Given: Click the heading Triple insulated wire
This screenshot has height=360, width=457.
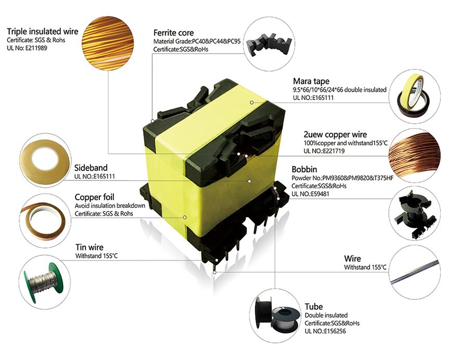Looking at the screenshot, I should (42, 32).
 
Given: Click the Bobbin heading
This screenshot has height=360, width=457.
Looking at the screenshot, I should (304, 169).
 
